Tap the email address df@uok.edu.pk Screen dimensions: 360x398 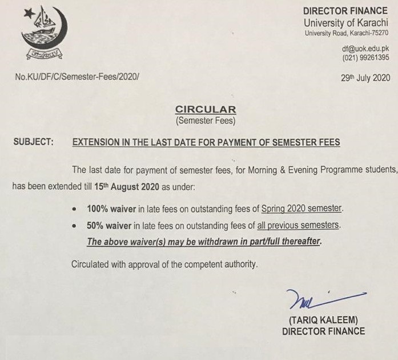pyautogui.click(x=366, y=49)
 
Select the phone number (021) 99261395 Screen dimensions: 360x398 pyautogui.click(x=365, y=58)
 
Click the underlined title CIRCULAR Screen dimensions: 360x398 pyautogui.click(x=205, y=110)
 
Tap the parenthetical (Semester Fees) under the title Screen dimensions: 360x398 pyautogui.click(x=205, y=121)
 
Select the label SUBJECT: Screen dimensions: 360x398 pyautogui.click(x=34, y=142)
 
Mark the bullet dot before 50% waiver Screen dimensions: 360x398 pyautogui.click(x=76, y=226)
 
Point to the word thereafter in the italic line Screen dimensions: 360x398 pyautogui.click(x=296, y=241)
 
